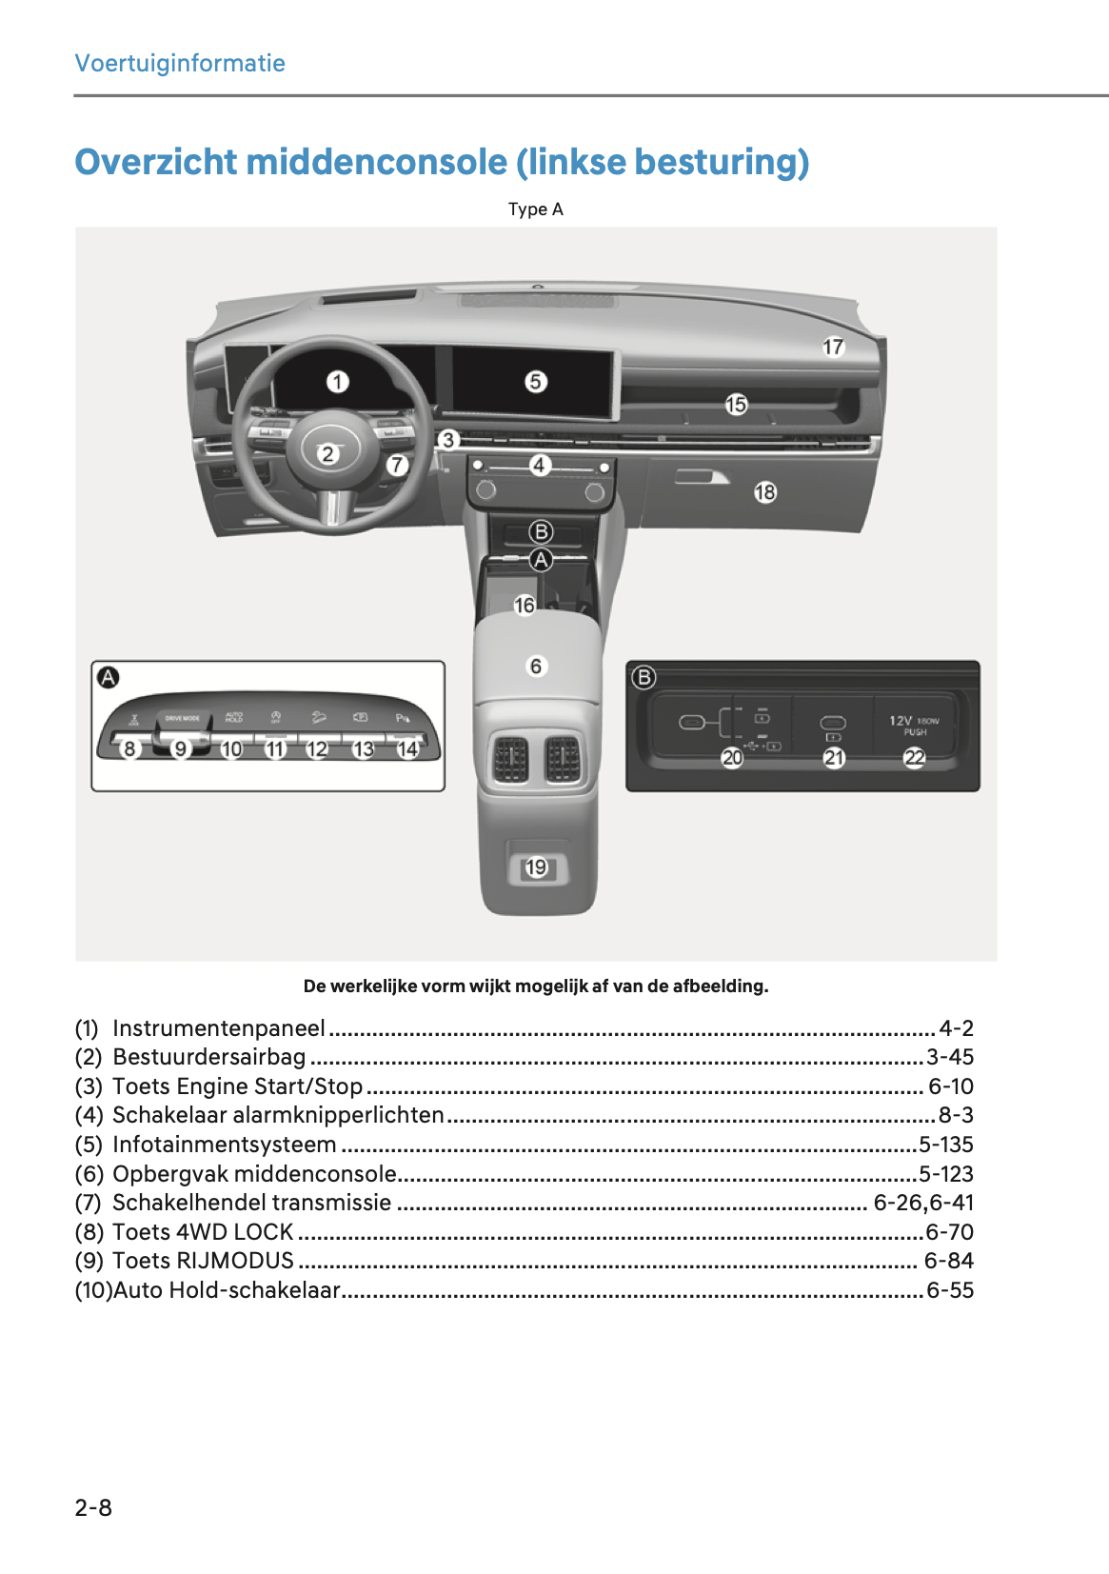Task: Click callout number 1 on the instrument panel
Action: [x=338, y=382]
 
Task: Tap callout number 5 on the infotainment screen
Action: [x=536, y=382]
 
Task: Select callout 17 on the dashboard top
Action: [x=833, y=347]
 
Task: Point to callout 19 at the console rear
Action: [x=537, y=867]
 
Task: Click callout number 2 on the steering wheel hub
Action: [x=327, y=453]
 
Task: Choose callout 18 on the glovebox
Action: [x=765, y=492]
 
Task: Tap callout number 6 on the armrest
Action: [x=536, y=666]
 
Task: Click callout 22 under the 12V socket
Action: [x=914, y=757]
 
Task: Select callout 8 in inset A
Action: [x=130, y=748]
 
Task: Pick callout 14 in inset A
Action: [x=407, y=748]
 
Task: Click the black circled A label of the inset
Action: [x=109, y=678]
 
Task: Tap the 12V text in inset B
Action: [x=901, y=721]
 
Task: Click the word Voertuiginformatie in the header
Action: [x=180, y=64]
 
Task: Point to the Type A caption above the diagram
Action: [x=535, y=209]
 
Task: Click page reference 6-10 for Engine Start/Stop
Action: [x=950, y=1086]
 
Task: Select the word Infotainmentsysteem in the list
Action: [x=224, y=1145]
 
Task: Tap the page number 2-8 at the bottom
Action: [x=93, y=1507]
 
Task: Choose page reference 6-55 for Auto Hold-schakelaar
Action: [x=949, y=1290]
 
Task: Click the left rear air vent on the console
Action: [x=511, y=759]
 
